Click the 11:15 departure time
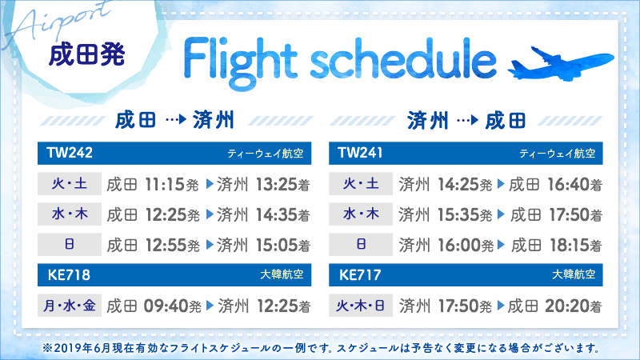click(x=166, y=185)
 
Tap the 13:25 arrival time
click(x=276, y=185)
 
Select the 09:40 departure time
click(x=166, y=306)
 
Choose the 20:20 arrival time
click(x=569, y=306)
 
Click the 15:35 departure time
click(x=458, y=215)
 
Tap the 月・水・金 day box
click(x=69, y=306)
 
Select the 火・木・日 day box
click(x=361, y=306)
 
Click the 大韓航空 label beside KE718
click(x=282, y=275)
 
